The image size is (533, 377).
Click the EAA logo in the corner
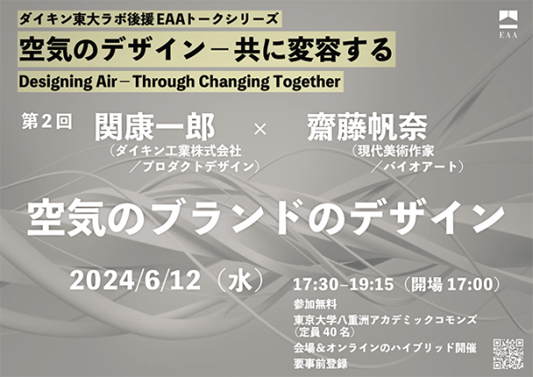click(508, 24)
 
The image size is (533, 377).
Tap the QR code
click(508, 354)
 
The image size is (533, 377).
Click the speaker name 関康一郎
click(155, 127)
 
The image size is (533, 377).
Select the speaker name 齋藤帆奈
click(367, 127)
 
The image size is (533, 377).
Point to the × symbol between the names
click(260, 129)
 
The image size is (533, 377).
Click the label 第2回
click(47, 122)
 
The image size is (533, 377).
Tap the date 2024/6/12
click(135, 281)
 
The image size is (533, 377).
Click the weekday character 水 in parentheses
click(241, 281)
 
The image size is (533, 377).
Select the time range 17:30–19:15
click(343, 285)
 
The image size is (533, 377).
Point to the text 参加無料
click(315, 304)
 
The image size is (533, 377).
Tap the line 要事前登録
click(321, 364)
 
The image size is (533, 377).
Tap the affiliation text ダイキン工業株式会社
click(179, 150)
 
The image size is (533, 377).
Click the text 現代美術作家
click(395, 150)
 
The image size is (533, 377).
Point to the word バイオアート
click(420, 166)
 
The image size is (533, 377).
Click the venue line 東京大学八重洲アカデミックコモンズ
click(386, 320)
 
